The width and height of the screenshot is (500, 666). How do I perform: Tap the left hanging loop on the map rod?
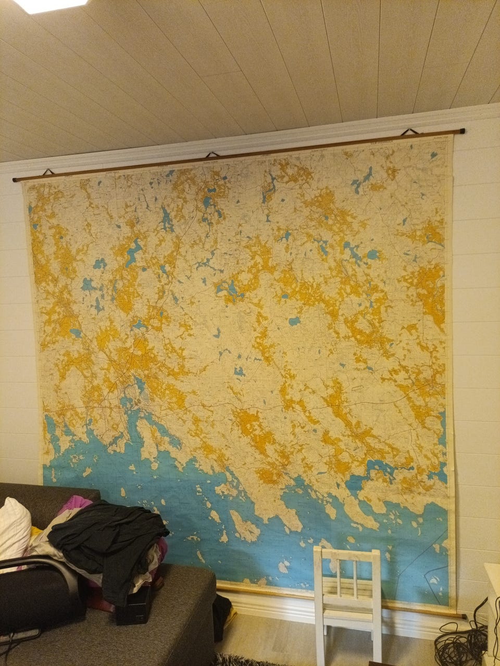tap(48, 172)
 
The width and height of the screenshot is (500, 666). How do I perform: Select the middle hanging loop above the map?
tap(212, 155)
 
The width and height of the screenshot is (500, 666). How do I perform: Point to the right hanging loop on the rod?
tap(411, 132)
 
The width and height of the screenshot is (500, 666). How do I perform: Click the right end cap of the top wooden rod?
tap(462, 131)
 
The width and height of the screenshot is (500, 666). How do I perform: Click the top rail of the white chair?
tap(347, 555)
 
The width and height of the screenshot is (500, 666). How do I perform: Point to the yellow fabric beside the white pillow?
tap(35, 531)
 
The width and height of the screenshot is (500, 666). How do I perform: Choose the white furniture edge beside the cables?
tap(491, 598)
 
